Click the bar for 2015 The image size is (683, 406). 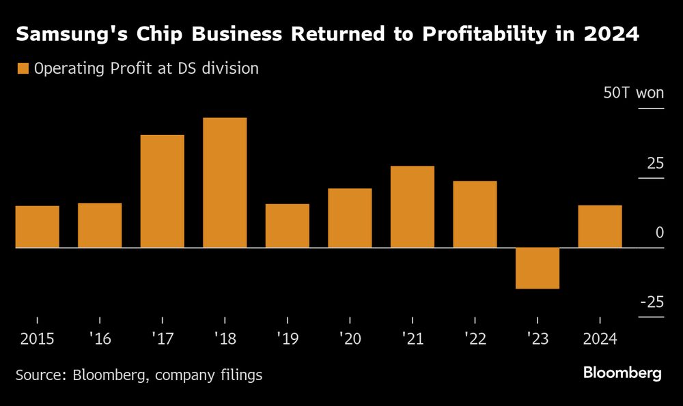click(x=37, y=227)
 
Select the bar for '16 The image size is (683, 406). click(x=100, y=225)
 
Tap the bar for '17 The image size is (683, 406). click(x=162, y=191)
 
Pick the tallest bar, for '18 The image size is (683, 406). click(x=225, y=182)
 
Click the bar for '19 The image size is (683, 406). click(x=287, y=226)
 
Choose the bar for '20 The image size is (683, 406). click(x=350, y=218)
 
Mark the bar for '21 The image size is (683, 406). click(x=413, y=207)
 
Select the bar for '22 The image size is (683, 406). click(x=475, y=214)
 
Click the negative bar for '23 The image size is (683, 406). click(x=538, y=268)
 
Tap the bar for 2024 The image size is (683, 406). click(x=600, y=227)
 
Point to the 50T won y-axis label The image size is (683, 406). click(x=633, y=93)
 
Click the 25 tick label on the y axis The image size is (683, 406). click(x=655, y=164)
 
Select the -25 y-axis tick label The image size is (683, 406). click(x=652, y=302)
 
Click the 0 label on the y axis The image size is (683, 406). click(x=659, y=233)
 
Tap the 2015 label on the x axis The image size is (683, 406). click(x=37, y=339)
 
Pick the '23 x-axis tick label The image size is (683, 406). click(x=538, y=339)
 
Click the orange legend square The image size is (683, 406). click(x=23, y=68)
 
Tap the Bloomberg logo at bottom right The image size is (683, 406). click(x=622, y=373)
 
